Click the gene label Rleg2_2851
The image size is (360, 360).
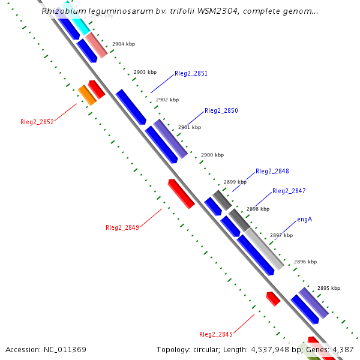point(191,74)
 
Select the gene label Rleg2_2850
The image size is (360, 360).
point(221,111)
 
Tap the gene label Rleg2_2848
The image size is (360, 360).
point(272,171)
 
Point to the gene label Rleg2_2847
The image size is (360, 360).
point(289,191)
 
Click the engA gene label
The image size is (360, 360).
point(304,220)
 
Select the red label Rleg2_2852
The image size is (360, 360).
point(37,122)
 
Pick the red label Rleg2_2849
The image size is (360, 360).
point(122,227)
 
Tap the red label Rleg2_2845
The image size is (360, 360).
point(216,334)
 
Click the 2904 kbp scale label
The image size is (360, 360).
point(124,44)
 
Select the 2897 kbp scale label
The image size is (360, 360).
point(281,235)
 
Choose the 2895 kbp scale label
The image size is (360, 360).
point(329,288)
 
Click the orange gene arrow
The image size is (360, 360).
point(87,95)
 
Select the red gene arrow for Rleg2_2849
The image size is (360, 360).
point(181,193)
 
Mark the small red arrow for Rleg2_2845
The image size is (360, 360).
point(273,298)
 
